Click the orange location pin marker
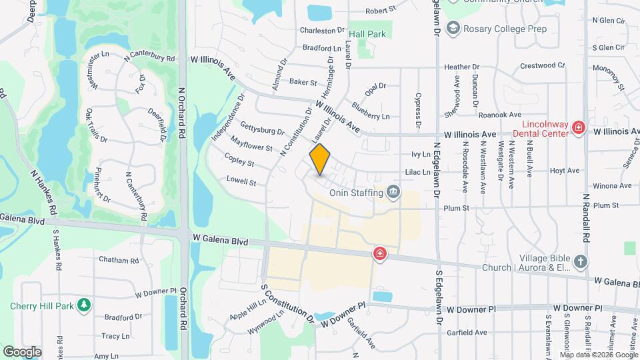pos(320,159)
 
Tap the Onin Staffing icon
pos(394,193)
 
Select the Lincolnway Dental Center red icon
pos(579,127)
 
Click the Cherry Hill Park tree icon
pos(84,305)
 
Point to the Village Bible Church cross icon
pos(580,261)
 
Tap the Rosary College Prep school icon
pos(454,29)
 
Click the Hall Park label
pos(368,33)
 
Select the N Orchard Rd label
pos(181,113)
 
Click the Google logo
pos(22,351)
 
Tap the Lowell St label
pos(241,181)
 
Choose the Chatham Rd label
pos(118,260)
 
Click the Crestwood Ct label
pos(542,65)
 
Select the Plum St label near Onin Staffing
pos(457,208)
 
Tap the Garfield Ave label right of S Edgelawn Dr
pos(466,331)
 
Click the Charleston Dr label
pos(322,31)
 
